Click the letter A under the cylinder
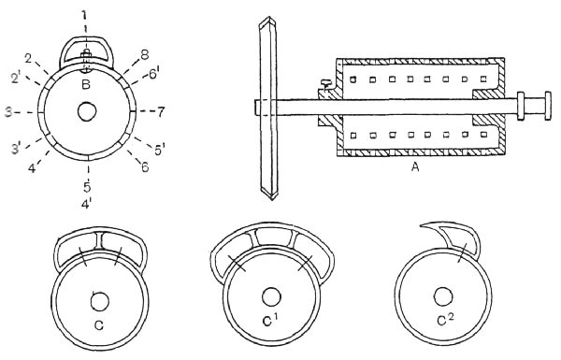click(415, 166)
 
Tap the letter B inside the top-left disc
click(86, 85)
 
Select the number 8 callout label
click(144, 55)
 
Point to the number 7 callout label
click(161, 112)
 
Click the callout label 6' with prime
click(153, 75)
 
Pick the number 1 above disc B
click(84, 15)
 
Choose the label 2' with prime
click(16, 78)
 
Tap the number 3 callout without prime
click(8, 112)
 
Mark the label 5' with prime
click(159, 151)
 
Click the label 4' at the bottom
click(86, 205)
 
